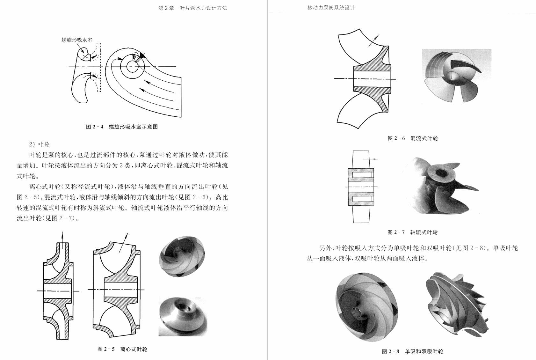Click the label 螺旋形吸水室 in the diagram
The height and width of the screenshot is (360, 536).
(x=77, y=40)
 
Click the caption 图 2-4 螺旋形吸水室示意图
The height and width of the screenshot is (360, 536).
(x=122, y=127)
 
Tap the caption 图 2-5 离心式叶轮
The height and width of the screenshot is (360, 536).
(x=122, y=349)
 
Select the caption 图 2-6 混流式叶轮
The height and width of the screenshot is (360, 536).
(x=413, y=138)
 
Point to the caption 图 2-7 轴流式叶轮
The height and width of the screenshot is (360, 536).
(x=413, y=232)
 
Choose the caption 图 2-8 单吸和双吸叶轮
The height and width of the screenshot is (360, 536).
(x=413, y=351)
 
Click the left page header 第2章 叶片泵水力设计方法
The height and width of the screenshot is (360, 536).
(x=193, y=8)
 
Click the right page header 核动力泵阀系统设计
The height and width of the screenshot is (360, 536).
(x=331, y=8)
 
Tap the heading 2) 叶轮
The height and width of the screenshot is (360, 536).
(x=39, y=144)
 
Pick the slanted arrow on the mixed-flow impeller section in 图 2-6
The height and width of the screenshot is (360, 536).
(x=374, y=40)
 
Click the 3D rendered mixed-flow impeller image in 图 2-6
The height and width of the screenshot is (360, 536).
(x=456, y=75)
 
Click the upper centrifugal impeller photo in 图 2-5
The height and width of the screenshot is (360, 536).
(x=182, y=256)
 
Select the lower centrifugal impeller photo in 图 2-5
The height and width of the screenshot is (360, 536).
(x=183, y=316)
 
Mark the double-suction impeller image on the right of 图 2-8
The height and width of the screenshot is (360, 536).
(x=456, y=305)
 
